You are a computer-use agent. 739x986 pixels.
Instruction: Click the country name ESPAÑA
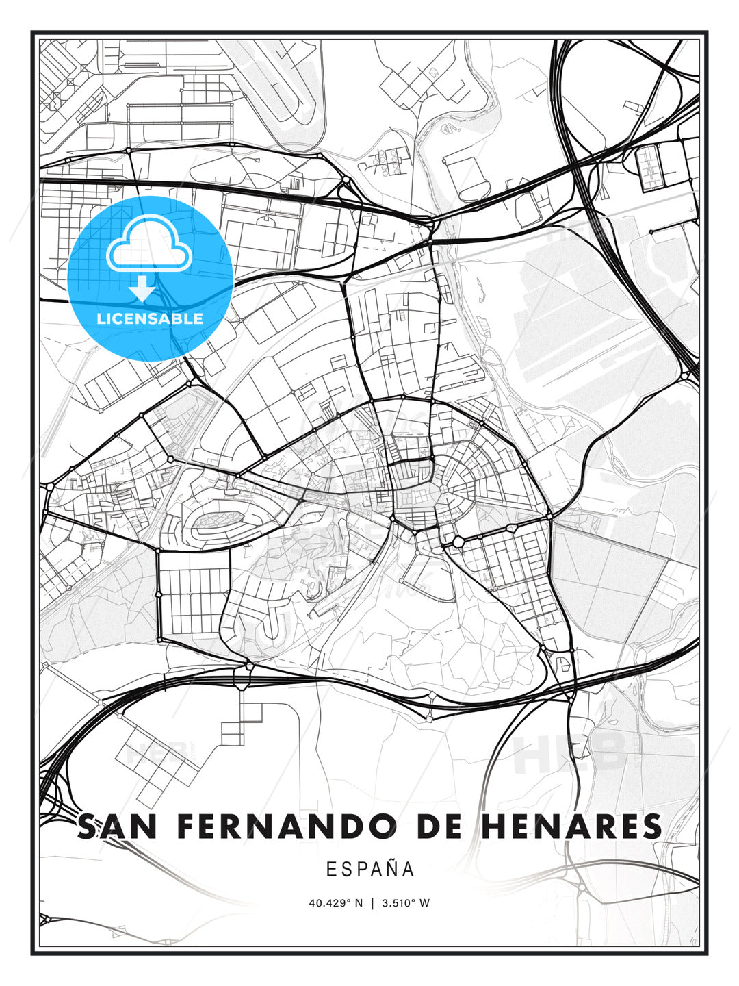pyautogui.click(x=370, y=870)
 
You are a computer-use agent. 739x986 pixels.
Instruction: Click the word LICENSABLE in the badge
pyautogui.click(x=150, y=318)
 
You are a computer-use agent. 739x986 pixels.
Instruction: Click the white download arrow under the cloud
pyautogui.click(x=142, y=288)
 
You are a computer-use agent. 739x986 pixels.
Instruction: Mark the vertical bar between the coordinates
pyautogui.click(x=373, y=903)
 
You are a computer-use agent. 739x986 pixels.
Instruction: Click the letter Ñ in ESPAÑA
pyautogui.click(x=392, y=869)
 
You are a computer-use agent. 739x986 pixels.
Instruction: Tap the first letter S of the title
pyautogui.click(x=87, y=826)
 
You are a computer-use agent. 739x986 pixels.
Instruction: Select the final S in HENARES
pyautogui.click(x=652, y=826)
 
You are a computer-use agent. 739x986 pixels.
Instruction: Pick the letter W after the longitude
pyautogui.click(x=425, y=903)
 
